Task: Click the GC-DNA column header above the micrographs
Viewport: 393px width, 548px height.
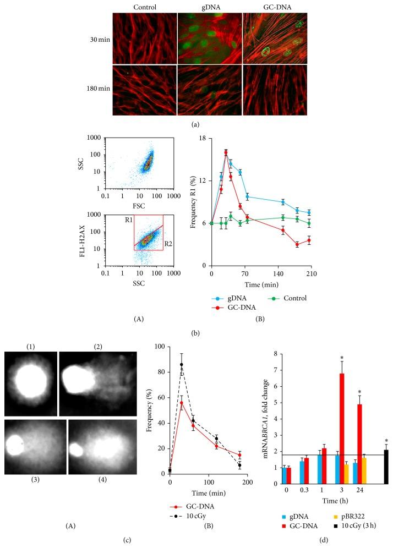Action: pyautogui.click(x=274, y=7)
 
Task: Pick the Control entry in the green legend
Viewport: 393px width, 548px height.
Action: pyautogui.click(x=294, y=298)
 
